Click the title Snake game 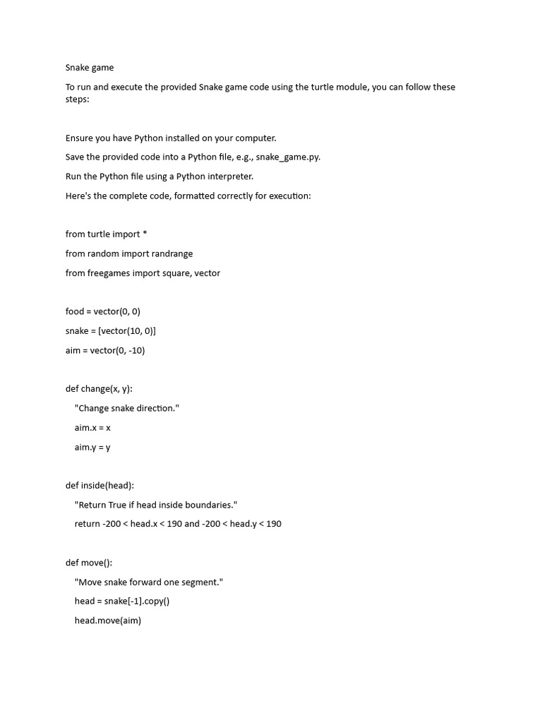[x=89, y=68]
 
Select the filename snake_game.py [x=287, y=157]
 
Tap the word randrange [x=170, y=253]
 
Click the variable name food [x=75, y=311]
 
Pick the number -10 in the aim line [x=135, y=350]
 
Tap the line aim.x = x [x=92, y=428]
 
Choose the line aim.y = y [x=92, y=447]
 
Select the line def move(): [x=89, y=563]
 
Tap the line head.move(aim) [x=107, y=621]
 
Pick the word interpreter [x=227, y=177]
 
